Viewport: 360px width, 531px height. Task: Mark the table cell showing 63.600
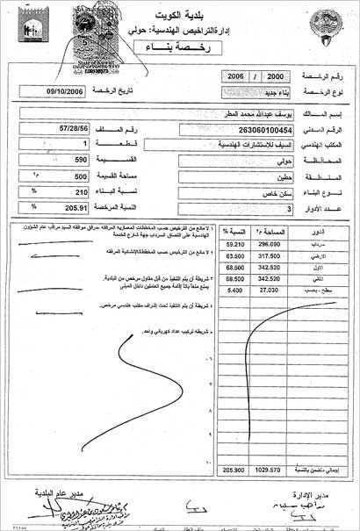(x=233, y=256)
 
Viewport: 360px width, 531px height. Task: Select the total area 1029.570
(x=267, y=471)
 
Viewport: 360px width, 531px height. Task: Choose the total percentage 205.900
(x=232, y=471)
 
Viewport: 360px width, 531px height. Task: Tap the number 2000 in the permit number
(x=274, y=76)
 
